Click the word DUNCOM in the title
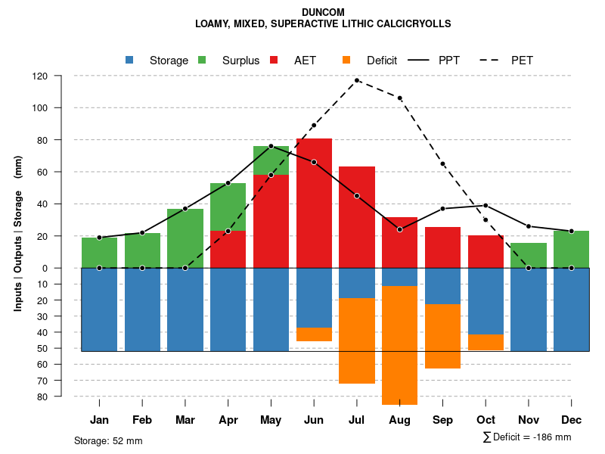tap(323, 13)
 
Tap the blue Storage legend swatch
tap(129, 60)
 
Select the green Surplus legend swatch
tap(202, 60)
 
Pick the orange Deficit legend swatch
tap(346, 60)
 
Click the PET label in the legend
tap(522, 61)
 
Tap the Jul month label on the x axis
tap(357, 420)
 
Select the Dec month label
tap(572, 420)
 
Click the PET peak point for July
tap(357, 80)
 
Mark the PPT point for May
tap(271, 146)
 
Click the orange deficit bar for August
tap(400, 345)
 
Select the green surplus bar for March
tap(185, 238)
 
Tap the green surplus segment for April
tap(228, 207)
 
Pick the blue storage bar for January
tap(99, 309)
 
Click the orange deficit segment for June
tap(314, 334)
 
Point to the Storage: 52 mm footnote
tap(108, 440)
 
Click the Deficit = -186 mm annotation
tap(527, 437)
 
